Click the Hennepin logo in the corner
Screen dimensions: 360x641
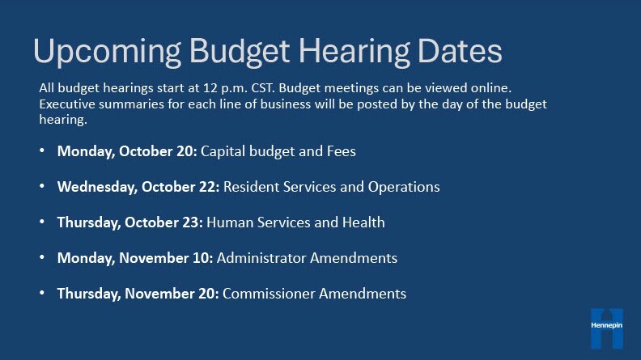pos(607,328)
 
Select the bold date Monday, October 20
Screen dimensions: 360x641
pos(127,151)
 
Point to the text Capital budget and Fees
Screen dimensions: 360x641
pos(278,151)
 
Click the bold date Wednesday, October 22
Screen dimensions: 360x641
pos(138,187)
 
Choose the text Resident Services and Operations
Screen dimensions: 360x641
pos(332,187)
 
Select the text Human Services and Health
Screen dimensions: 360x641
pos(296,222)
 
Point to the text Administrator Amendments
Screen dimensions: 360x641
pos(308,258)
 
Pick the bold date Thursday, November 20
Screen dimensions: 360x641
pos(138,294)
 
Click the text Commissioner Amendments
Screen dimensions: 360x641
pos(315,294)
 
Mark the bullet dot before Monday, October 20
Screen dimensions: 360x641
pos(42,151)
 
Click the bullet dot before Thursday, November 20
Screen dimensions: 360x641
pos(42,294)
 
